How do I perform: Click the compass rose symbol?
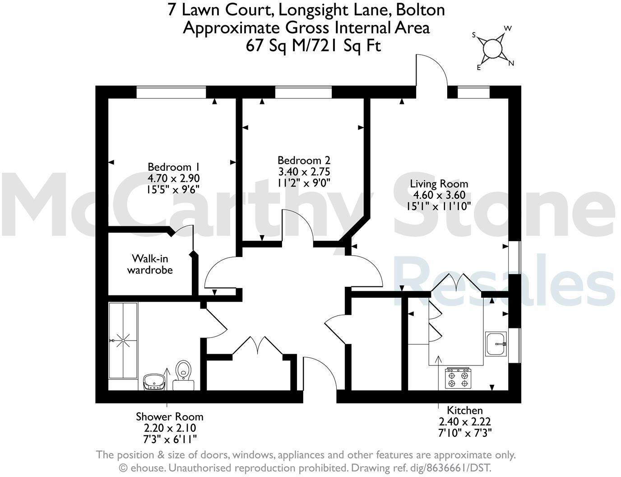pos(493,47)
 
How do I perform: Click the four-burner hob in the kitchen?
pos(458,378)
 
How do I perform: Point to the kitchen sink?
pos(496,344)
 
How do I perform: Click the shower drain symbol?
pos(123,341)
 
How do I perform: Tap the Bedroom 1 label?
pos(174,166)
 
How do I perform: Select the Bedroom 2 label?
pos(304,160)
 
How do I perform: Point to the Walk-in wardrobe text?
pos(150,264)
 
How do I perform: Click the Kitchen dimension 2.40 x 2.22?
pos(464,421)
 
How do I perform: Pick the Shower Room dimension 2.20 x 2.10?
pos(170,428)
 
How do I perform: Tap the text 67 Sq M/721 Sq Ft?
pos(313,45)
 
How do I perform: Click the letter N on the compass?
pos(511,63)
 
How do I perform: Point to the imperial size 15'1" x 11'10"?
pos(439,206)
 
